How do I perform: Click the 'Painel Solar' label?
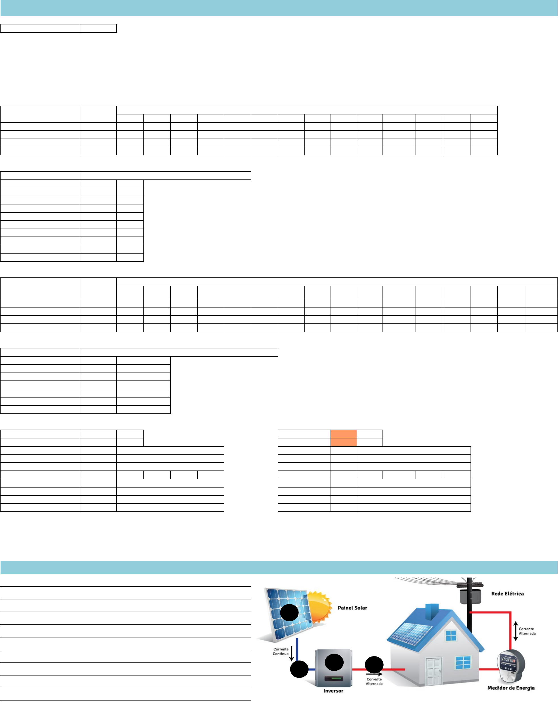(352, 608)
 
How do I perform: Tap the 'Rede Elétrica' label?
(507, 594)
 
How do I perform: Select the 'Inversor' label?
(333, 691)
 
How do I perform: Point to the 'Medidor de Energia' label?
(511, 688)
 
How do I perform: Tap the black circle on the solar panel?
(289, 613)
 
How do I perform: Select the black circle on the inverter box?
(334, 663)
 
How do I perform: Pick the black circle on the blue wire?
(299, 669)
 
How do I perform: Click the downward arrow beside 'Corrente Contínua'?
(292, 653)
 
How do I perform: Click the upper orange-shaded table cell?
(344, 434)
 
